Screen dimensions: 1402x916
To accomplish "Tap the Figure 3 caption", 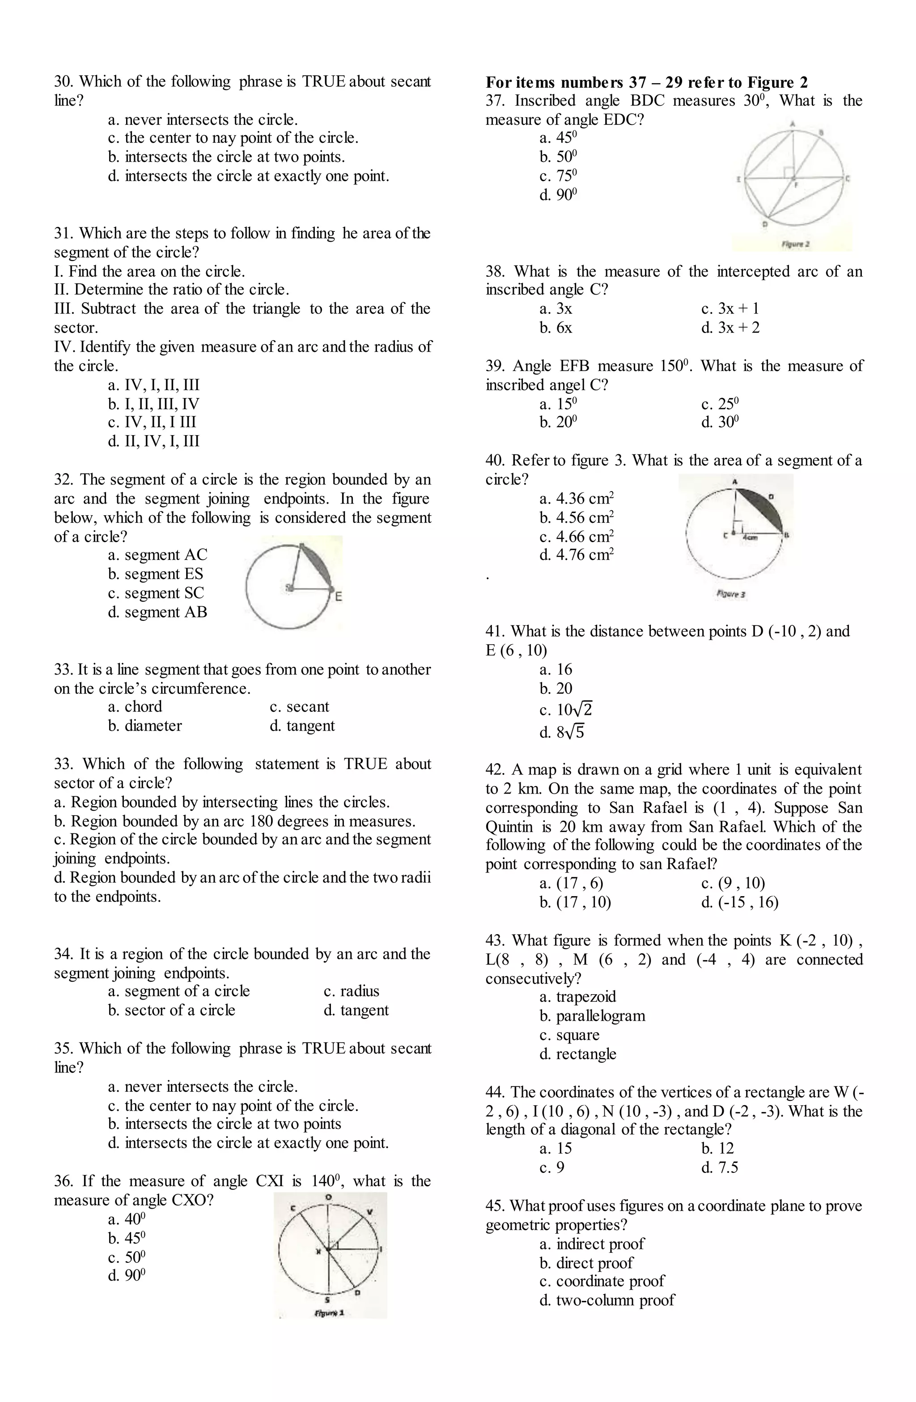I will tap(731, 594).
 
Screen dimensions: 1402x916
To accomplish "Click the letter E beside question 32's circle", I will tap(339, 597).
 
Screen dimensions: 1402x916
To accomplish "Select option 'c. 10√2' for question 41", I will tap(566, 710).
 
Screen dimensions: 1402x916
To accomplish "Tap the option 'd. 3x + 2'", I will tap(730, 328).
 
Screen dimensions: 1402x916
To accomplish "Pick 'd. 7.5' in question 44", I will tap(719, 1167).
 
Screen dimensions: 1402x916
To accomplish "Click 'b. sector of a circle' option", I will tap(171, 1010).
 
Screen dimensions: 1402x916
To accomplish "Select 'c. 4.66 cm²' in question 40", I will tap(577, 537).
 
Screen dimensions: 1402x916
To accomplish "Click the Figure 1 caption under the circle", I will tap(330, 1312).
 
